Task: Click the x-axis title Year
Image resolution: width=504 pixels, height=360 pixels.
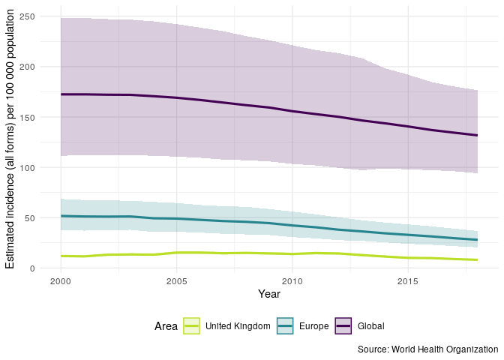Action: click(268, 295)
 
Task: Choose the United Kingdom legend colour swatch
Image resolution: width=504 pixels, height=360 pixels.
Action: click(191, 326)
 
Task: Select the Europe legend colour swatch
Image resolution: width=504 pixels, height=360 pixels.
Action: click(285, 326)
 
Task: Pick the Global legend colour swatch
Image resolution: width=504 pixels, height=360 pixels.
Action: click(344, 326)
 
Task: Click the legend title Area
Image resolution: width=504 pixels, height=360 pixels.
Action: click(166, 326)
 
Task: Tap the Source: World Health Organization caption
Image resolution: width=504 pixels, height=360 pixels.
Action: click(427, 349)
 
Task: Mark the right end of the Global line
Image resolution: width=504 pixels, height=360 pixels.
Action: click(477, 135)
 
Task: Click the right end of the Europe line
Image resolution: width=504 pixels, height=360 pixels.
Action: click(477, 240)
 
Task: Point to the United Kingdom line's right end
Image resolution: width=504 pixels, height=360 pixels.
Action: click(477, 259)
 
